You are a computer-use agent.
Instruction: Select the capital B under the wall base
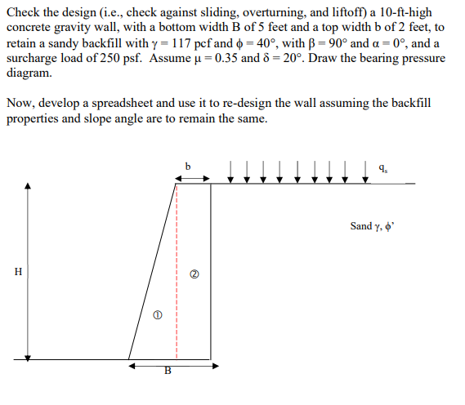click(x=169, y=372)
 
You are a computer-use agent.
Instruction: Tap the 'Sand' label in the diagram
click(x=360, y=226)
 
